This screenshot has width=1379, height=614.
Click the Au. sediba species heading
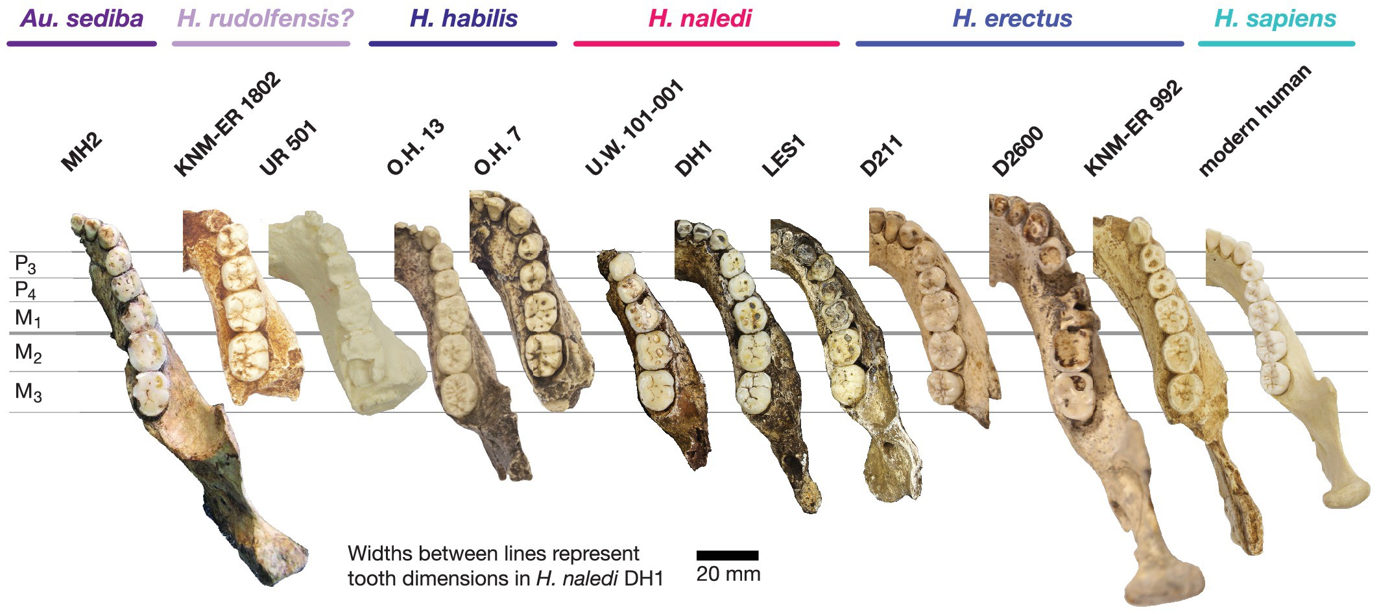point(82,18)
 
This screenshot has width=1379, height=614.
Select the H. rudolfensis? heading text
point(265,18)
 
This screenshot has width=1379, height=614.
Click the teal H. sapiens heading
point(1275,18)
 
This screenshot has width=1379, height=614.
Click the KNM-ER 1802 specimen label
point(227,124)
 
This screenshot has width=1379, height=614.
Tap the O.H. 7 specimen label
point(498,152)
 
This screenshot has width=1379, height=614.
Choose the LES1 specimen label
point(784,156)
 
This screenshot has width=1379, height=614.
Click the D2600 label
point(1018,152)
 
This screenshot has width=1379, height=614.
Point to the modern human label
point(1254,121)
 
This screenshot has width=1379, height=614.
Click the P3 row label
point(25,265)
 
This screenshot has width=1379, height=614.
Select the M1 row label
point(27,318)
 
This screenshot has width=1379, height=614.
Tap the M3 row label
point(28,392)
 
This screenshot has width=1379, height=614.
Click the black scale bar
point(727,556)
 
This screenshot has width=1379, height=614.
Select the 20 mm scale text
point(728,574)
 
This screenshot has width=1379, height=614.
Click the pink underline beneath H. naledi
point(706,43)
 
